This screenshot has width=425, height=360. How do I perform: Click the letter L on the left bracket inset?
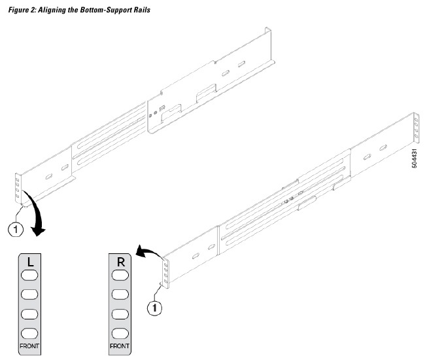pos(30,262)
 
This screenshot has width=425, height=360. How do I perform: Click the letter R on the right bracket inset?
pos(120,262)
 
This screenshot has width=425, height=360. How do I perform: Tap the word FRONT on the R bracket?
pos(120,345)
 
